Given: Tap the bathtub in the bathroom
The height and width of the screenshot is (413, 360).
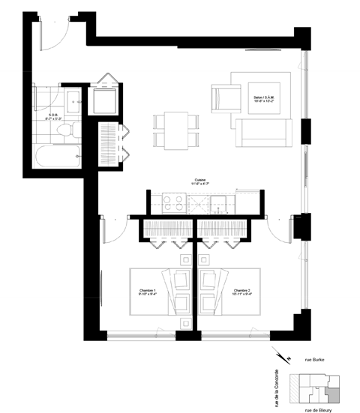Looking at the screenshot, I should (57, 157).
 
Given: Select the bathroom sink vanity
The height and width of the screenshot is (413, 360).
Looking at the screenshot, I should (72, 100).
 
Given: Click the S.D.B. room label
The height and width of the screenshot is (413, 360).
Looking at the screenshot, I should (54, 96).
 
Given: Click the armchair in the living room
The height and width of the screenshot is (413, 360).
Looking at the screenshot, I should (222, 97).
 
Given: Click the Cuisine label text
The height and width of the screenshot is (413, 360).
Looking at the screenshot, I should (198, 181).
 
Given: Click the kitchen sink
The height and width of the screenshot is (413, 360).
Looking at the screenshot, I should (217, 200).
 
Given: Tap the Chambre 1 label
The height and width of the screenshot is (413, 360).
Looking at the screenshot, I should (148, 292).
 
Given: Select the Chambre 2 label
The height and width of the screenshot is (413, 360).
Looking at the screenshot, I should (241, 292).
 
